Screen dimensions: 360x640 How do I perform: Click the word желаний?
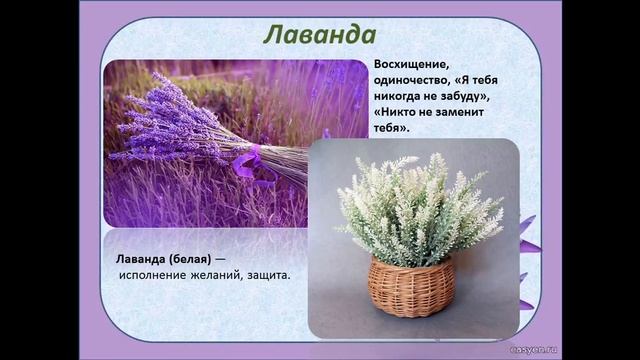tap(233, 275)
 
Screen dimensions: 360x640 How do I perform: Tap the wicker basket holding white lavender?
tap(411, 285)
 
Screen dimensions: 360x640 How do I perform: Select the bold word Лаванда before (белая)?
tap(139, 258)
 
